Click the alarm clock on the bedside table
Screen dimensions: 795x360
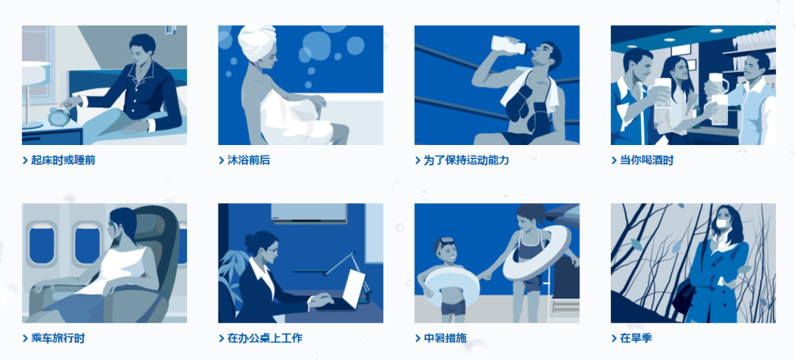(x=60, y=116)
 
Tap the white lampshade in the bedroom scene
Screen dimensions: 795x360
(x=35, y=71)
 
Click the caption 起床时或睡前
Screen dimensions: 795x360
(x=63, y=160)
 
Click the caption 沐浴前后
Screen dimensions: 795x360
(x=249, y=160)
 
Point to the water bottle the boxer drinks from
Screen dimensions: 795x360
(x=509, y=45)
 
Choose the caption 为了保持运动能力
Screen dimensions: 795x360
(x=466, y=160)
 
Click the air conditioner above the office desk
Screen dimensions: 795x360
(x=308, y=213)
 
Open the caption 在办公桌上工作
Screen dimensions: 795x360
(x=265, y=338)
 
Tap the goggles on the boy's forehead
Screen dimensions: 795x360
(x=445, y=241)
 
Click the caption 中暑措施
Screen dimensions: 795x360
(x=445, y=338)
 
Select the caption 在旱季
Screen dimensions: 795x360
(x=636, y=338)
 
